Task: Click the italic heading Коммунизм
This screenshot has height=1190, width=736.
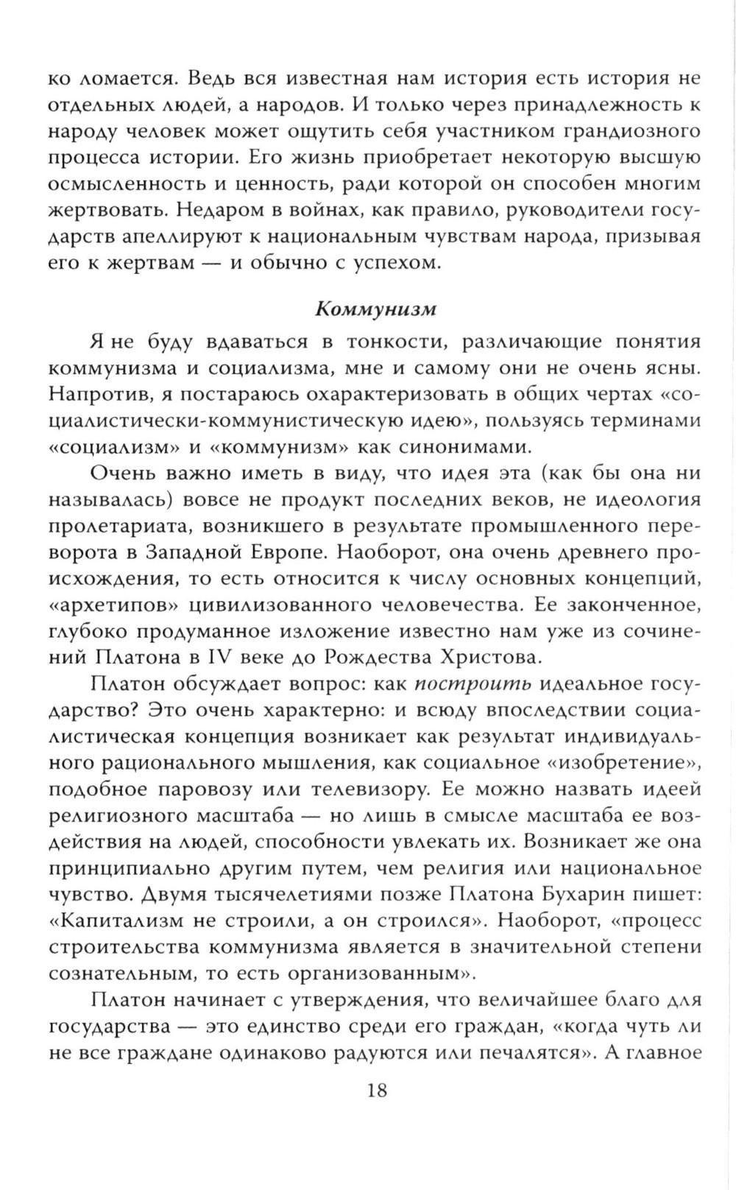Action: click(376, 309)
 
